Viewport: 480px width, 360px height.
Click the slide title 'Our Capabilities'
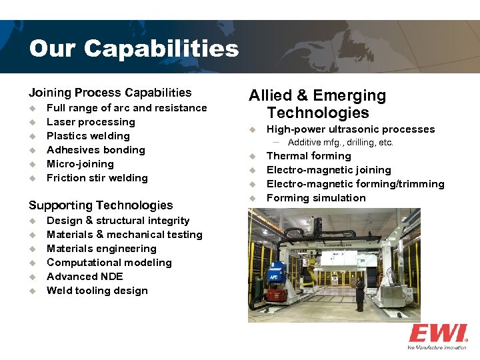pos(133,49)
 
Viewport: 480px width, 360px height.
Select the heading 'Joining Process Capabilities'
pos(109,93)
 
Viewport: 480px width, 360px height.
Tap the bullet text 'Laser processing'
pos(91,122)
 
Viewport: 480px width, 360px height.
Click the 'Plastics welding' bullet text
pos(88,136)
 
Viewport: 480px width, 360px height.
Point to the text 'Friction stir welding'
pos(97,178)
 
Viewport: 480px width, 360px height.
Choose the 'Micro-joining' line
pos(80,164)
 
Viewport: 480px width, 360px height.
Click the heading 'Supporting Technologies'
pos(100,205)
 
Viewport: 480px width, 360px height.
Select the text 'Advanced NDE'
pos(85,277)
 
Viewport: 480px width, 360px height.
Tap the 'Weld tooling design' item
pos(97,291)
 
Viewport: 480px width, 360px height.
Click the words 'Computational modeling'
pos(109,263)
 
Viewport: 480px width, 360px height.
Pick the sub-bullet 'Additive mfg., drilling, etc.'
pos(341,143)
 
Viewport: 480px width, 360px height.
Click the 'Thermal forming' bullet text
pos(309,156)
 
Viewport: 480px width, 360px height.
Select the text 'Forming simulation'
pos(316,198)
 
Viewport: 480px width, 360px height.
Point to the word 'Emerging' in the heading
pos(349,95)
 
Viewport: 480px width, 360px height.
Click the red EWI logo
pos(437,333)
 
